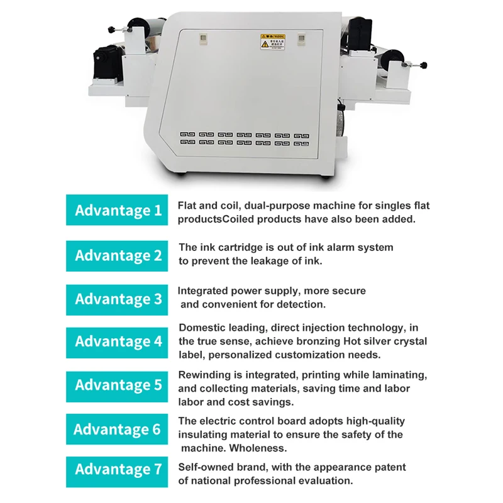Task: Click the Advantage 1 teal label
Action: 117,210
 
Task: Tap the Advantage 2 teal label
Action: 117,255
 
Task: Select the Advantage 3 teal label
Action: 117,299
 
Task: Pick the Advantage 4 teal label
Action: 117,341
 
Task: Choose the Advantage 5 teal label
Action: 117,385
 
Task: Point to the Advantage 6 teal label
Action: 117,429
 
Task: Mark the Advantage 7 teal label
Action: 117,469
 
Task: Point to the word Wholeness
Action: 259,448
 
